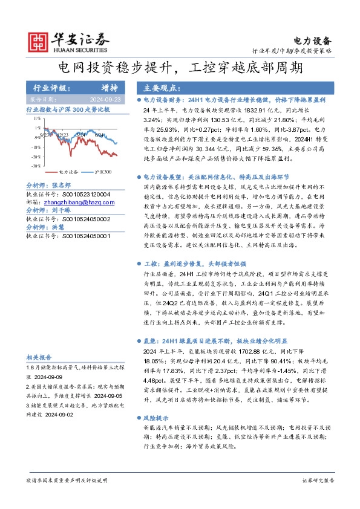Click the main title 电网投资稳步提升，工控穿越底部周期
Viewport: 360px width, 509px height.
coord(180,66)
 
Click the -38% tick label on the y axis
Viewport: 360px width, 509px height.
coord(36,165)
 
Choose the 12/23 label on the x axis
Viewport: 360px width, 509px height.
coord(63,135)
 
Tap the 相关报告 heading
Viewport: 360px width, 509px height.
coord(39,357)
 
